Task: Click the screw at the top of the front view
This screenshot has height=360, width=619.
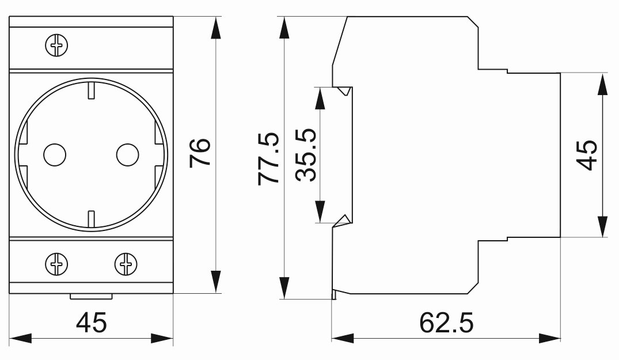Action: pyautogui.click(x=56, y=46)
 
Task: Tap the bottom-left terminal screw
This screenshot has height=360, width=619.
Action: pyautogui.click(x=56, y=264)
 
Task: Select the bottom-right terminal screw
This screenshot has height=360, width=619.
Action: pyautogui.click(x=126, y=264)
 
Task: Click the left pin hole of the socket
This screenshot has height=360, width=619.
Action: pyautogui.click(x=55, y=154)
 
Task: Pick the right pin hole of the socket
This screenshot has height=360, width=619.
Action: pyautogui.click(x=127, y=154)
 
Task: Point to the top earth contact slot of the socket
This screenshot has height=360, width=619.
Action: pyautogui.click(x=91, y=90)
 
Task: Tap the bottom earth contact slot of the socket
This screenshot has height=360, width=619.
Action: pyautogui.click(x=91, y=219)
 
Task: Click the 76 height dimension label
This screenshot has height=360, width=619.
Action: pyautogui.click(x=200, y=153)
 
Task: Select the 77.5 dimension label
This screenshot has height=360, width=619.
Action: pyautogui.click(x=268, y=158)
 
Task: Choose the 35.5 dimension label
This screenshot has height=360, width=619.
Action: pyautogui.click(x=306, y=155)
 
